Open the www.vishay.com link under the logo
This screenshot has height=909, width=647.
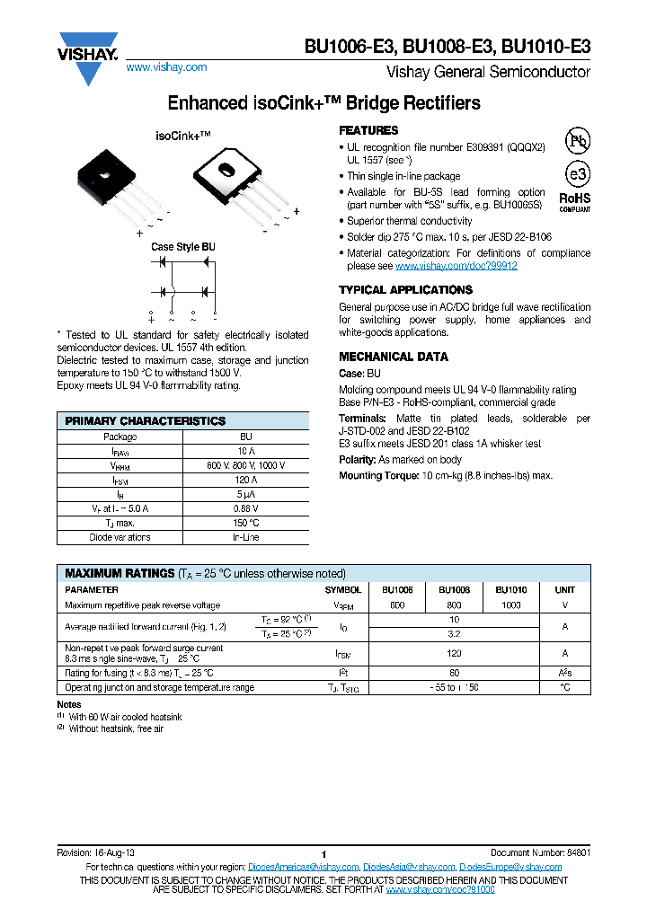tap(166, 67)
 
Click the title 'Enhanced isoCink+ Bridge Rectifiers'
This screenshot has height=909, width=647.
tap(324, 102)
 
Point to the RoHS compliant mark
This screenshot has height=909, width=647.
tap(575, 199)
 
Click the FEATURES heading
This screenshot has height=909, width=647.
tap(368, 130)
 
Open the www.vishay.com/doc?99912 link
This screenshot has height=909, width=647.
tap(456, 267)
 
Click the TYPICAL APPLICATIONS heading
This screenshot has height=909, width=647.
tap(405, 290)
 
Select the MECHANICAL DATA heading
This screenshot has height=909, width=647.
tap(393, 357)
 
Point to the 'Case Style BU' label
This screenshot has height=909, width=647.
tap(182, 247)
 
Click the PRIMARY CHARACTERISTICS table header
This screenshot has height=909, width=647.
tap(146, 420)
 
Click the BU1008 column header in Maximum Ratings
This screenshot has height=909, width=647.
tap(454, 590)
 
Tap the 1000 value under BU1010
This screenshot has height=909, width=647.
tap(510, 605)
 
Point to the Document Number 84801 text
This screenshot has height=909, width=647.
tap(540, 852)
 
